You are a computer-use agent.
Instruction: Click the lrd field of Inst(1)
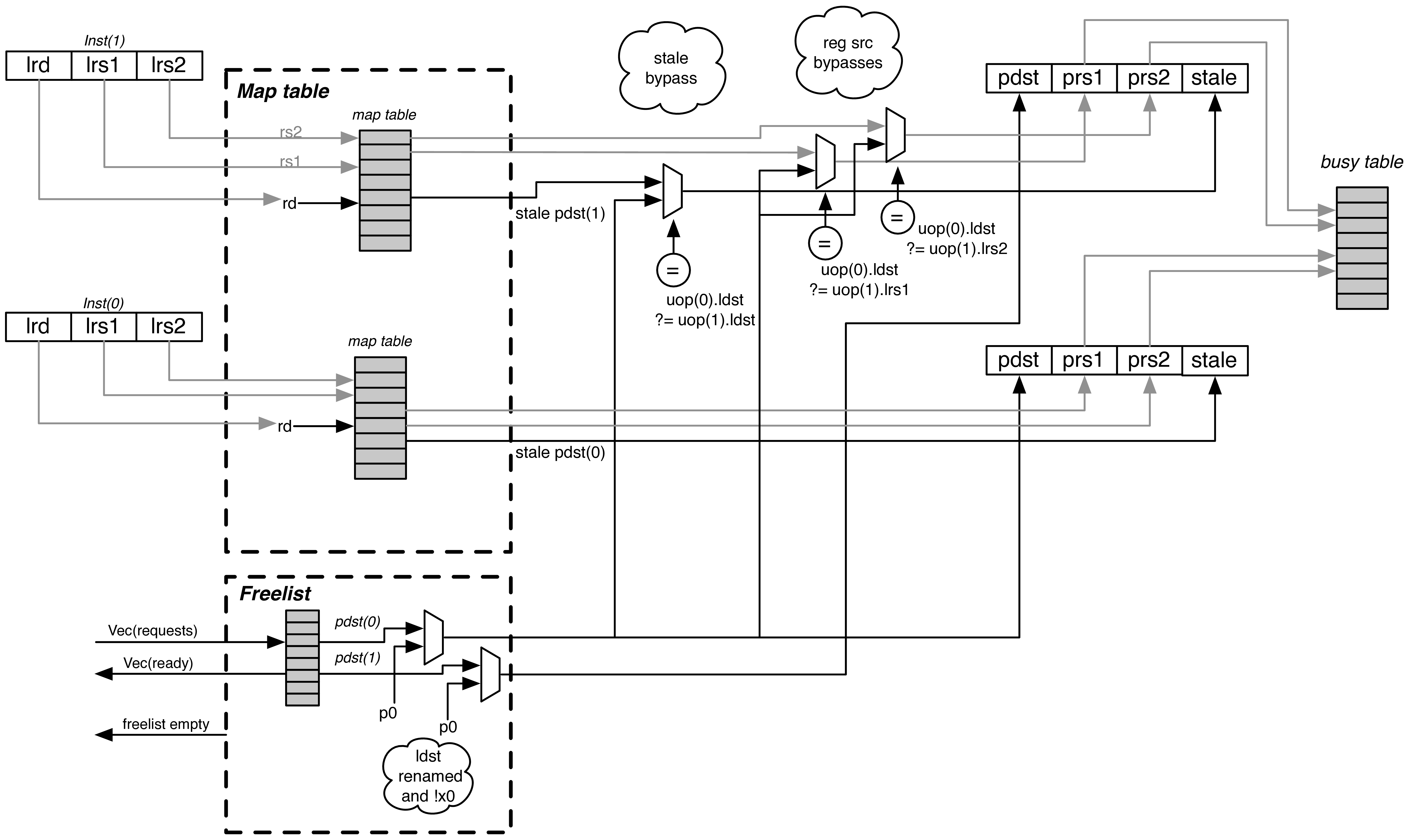pos(38,65)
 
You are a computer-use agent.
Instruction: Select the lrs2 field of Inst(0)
pos(169,327)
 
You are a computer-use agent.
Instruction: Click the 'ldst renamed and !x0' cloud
pos(428,776)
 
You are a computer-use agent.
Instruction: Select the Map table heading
pos(283,91)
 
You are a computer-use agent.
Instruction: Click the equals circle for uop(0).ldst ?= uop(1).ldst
pos(673,270)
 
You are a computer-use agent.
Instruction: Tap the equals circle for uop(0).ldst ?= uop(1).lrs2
pos(897,217)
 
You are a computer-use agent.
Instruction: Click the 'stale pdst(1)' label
pos(560,214)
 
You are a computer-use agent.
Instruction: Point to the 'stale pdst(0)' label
pos(560,453)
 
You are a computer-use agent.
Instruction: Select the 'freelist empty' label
pos(166,724)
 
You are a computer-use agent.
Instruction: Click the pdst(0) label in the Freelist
pos(357,621)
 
